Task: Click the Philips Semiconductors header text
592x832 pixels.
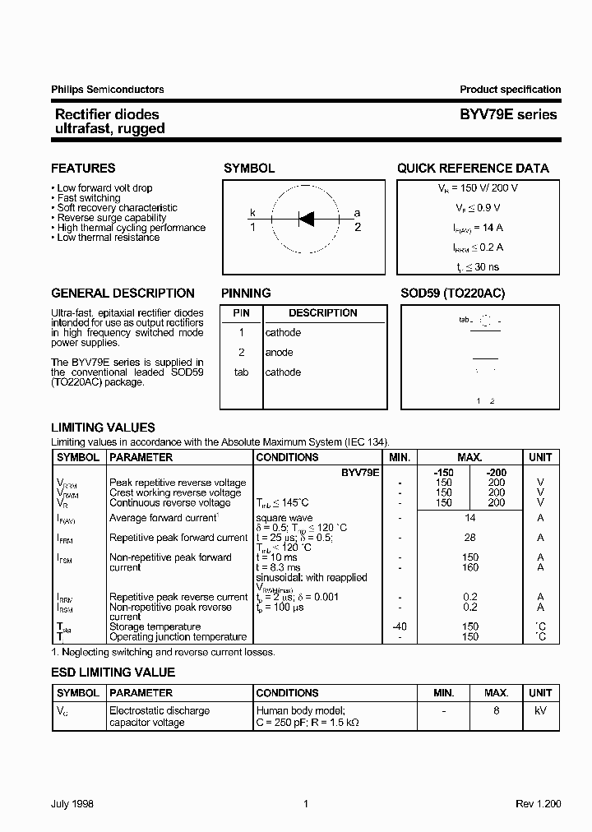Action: (x=108, y=90)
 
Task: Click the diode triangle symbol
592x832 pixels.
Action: (x=306, y=219)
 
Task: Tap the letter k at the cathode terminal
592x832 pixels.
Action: (x=253, y=213)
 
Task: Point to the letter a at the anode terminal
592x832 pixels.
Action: (x=357, y=213)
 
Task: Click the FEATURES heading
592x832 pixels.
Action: (x=83, y=169)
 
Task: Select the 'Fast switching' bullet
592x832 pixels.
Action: (x=88, y=198)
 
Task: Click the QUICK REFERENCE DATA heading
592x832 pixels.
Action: (x=473, y=169)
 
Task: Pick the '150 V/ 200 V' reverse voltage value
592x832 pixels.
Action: (x=488, y=188)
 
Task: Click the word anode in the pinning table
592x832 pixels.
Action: (x=279, y=353)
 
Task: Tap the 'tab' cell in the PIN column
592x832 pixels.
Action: (x=241, y=372)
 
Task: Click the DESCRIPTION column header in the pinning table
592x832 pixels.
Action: (x=323, y=313)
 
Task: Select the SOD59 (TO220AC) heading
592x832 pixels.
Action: (x=452, y=294)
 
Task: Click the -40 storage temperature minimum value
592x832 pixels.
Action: (x=399, y=626)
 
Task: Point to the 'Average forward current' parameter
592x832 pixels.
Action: (x=163, y=518)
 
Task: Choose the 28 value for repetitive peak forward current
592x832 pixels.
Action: (x=469, y=538)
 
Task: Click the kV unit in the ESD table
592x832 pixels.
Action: (x=540, y=710)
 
